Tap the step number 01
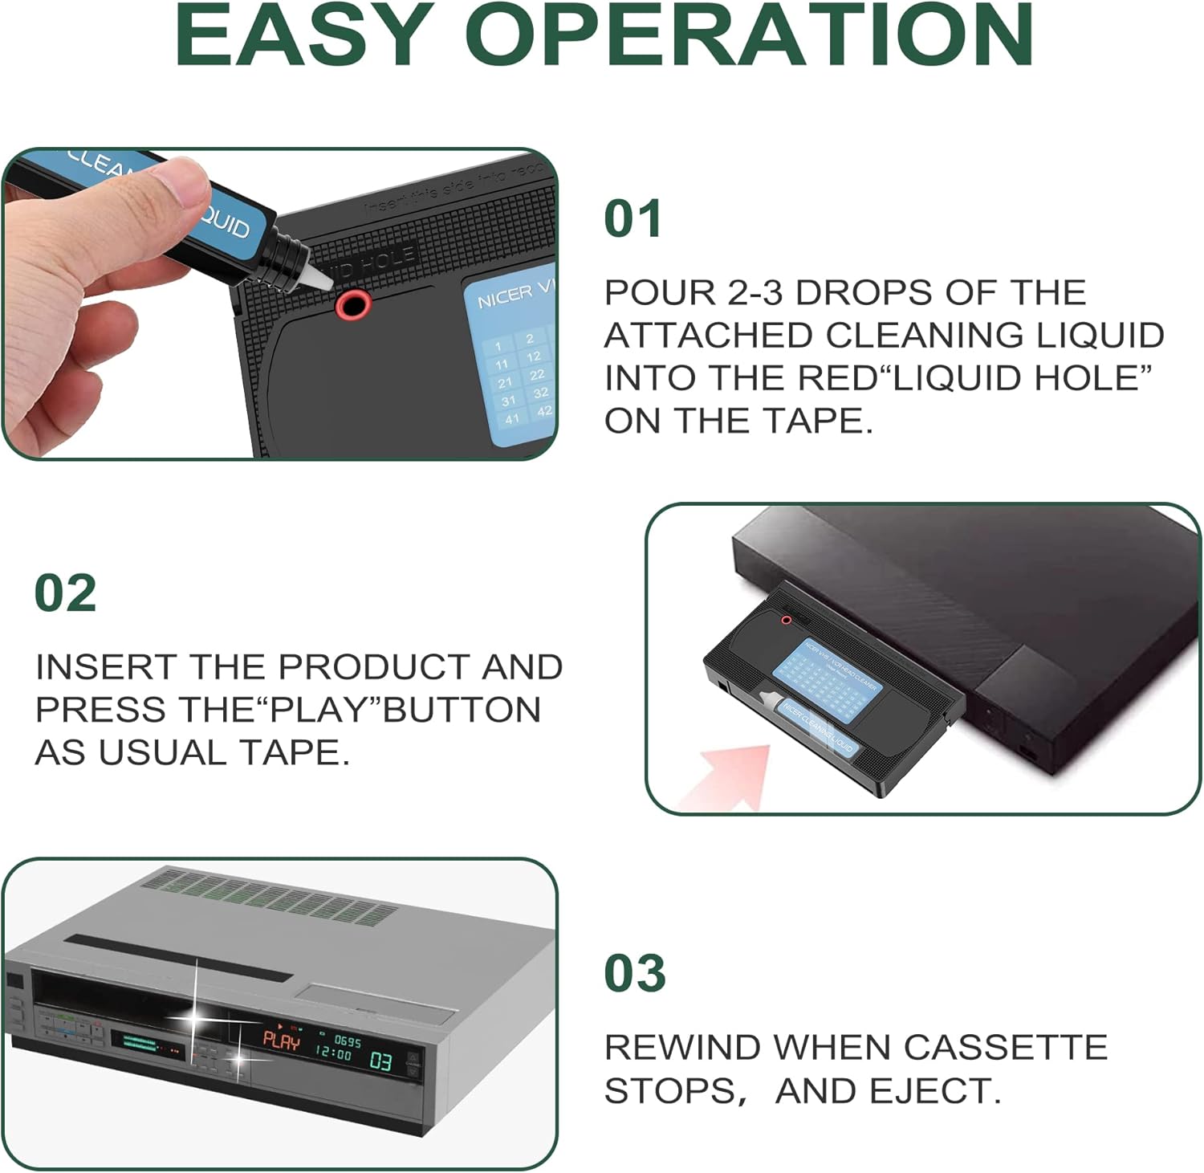(633, 219)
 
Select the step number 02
(65, 594)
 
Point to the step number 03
(634, 974)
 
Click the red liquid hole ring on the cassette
(353, 304)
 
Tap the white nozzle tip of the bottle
(315, 275)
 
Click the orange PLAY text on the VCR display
(281, 1041)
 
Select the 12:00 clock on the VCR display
(333, 1053)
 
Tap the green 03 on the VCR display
(380, 1061)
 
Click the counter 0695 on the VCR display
(347, 1041)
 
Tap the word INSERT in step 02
(107, 667)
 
